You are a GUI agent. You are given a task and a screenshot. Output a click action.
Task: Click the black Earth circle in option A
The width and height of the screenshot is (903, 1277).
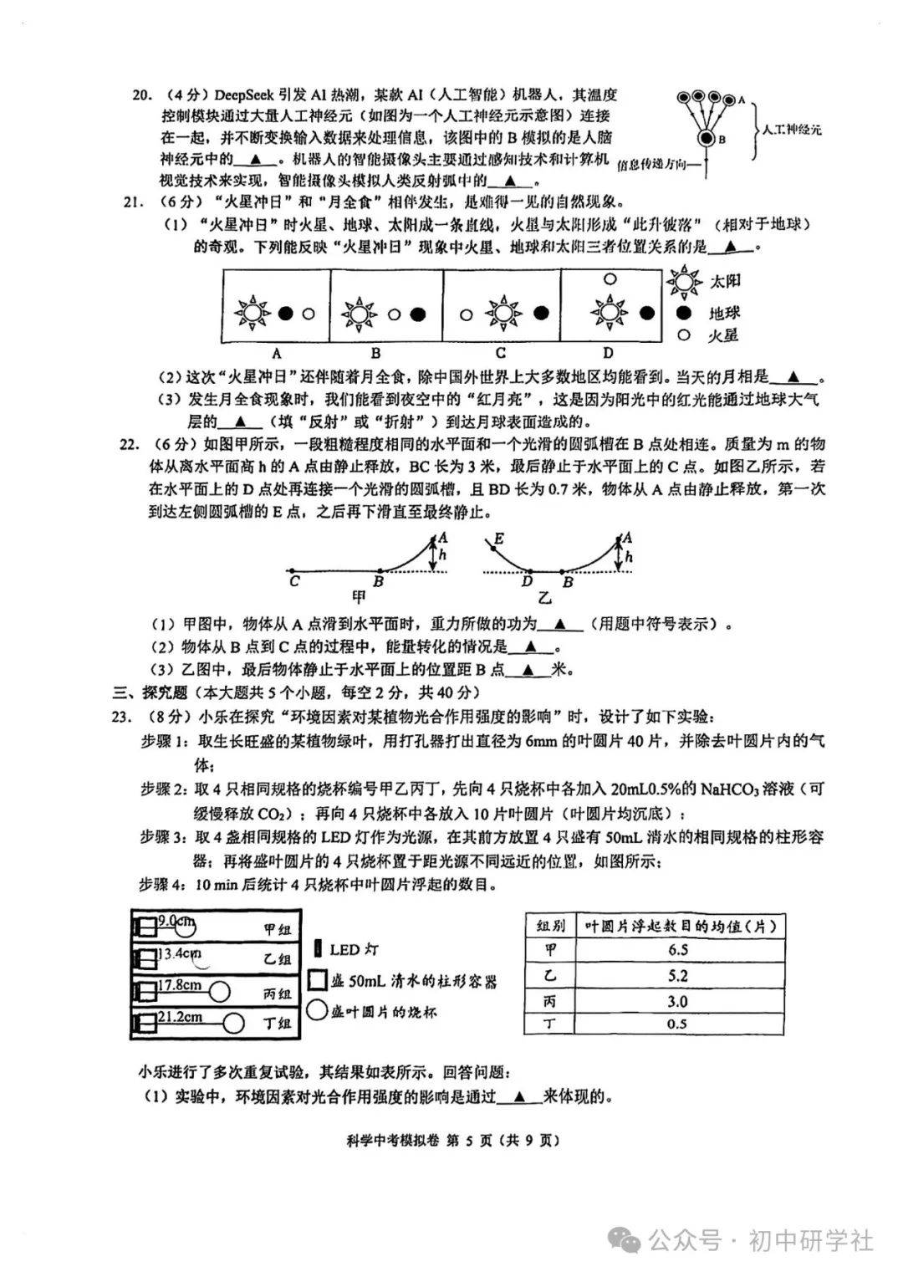click(x=286, y=314)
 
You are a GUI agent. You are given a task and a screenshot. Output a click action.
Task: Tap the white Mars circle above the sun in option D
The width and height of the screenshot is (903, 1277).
click(x=610, y=279)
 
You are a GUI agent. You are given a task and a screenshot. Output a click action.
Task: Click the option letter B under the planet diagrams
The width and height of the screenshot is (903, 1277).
click(x=376, y=353)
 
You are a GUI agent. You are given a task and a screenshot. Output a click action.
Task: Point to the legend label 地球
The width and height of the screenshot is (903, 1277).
click(x=725, y=314)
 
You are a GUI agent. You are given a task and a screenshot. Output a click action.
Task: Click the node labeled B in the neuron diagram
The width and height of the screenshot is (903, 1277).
click(x=707, y=139)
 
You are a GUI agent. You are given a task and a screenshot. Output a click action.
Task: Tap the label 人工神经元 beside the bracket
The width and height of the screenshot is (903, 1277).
click(x=791, y=130)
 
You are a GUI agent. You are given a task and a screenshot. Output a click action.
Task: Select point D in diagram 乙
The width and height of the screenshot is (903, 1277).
click(x=527, y=580)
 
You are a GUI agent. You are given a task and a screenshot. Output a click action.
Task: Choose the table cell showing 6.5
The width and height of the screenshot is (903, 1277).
click(x=678, y=950)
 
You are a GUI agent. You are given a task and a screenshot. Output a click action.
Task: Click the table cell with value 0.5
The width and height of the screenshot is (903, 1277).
click(x=678, y=1024)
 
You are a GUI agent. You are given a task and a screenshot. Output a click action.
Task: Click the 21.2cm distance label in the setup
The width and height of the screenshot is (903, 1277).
click(x=181, y=1017)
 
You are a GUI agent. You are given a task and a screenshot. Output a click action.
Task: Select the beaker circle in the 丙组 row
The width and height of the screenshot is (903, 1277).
click(x=219, y=992)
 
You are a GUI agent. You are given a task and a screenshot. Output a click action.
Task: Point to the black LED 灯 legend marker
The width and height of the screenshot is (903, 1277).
click(x=318, y=948)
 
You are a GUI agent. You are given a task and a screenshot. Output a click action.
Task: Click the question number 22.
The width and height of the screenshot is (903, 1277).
click(x=130, y=444)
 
